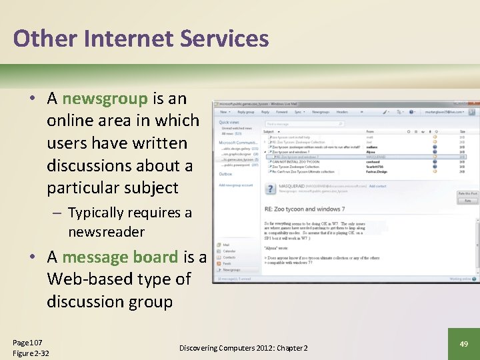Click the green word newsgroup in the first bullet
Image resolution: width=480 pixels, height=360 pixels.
[x=105, y=99]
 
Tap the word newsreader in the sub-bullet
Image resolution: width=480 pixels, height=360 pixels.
[x=106, y=232]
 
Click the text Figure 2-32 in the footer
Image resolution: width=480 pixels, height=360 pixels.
[x=31, y=353]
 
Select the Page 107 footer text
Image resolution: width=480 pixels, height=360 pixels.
[x=27, y=342]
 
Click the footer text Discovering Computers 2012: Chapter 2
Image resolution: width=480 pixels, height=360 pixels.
[x=243, y=348]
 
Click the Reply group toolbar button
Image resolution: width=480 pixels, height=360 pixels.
[x=246, y=112]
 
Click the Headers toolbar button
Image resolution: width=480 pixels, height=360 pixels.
[x=342, y=112]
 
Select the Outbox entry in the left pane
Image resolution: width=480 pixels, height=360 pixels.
[x=225, y=173]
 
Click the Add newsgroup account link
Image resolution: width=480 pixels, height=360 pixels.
[x=236, y=185]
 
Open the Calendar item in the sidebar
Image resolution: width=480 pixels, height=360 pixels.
[x=229, y=251]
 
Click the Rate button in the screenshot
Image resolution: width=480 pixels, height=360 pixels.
[x=467, y=200]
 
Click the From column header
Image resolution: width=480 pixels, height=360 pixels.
[x=369, y=131]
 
